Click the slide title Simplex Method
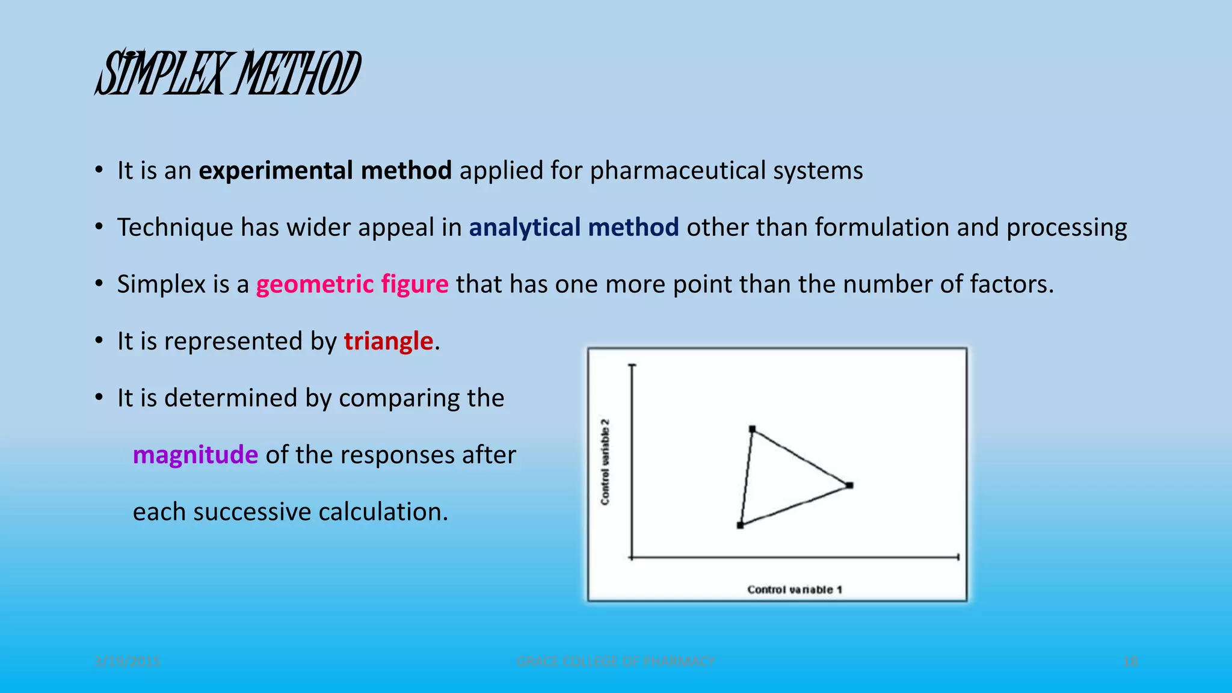(227, 73)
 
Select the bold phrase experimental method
(325, 171)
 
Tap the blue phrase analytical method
(573, 227)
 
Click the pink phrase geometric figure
(352, 284)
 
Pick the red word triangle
(388, 341)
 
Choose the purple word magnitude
(195, 455)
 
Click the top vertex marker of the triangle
(752, 429)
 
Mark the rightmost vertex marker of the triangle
(849, 485)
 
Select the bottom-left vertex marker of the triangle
(740, 525)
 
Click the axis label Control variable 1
(795, 590)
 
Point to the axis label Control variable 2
(605, 462)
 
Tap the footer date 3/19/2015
(128, 662)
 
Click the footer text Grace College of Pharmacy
(615, 662)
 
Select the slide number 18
(1130, 662)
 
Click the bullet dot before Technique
(99, 227)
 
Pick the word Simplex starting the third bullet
(161, 284)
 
